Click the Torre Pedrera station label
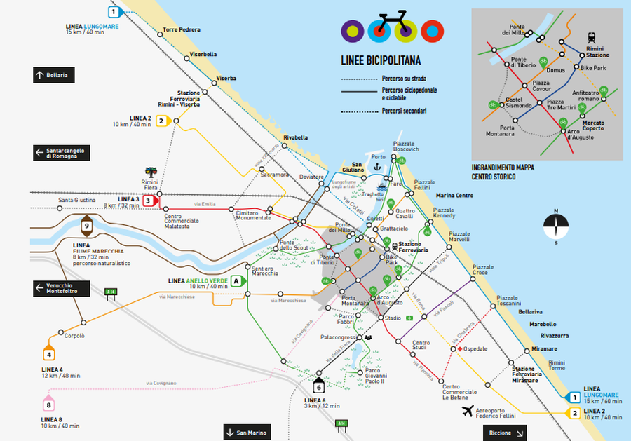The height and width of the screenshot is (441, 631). pyautogui.click(x=182, y=29)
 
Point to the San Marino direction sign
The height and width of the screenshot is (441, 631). pyautogui.click(x=247, y=433)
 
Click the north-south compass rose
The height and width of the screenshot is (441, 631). pyautogui.click(x=555, y=225)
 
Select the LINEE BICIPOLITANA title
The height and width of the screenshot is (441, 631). pyautogui.click(x=380, y=60)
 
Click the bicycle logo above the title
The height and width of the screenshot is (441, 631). pyautogui.click(x=390, y=25)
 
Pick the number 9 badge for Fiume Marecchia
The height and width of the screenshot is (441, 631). pyautogui.click(x=86, y=226)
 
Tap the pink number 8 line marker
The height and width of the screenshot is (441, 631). pyautogui.click(x=48, y=405)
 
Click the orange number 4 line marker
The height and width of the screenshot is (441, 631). pyautogui.click(x=48, y=354)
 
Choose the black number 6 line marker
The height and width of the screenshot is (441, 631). pyautogui.click(x=318, y=386)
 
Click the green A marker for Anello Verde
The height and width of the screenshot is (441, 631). pyautogui.click(x=237, y=280)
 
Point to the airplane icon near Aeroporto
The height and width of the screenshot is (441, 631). pyautogui.click(x=466, y=412)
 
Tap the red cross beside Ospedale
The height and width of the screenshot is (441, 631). pyautogui.click(x=460, y=348)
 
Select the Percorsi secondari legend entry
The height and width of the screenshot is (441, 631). pyautogui.click(x=404, y=111)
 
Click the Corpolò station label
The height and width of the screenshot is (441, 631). pyautogui.click(x=74, y=336)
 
